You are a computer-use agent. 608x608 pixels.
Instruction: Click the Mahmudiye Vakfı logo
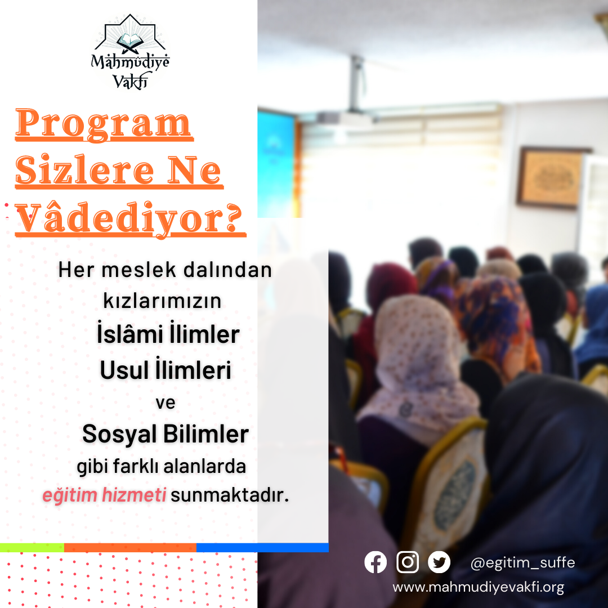130,52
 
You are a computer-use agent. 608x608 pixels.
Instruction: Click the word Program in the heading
104,123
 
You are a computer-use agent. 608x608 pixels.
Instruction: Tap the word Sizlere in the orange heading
85,170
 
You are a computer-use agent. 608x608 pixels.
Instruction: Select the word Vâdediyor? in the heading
130,218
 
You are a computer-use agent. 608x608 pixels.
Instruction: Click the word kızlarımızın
162,301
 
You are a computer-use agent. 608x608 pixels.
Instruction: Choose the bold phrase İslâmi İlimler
168,333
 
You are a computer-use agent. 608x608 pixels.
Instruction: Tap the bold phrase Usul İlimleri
166,369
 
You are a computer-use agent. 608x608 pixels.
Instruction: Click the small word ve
166,403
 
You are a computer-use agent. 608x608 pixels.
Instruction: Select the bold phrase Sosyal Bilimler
166,433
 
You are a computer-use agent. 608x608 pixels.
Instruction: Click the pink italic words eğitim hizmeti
104,495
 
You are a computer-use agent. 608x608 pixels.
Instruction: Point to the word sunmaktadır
230,495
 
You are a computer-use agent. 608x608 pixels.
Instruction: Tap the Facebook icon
375,562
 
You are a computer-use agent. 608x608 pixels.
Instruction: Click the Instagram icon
408,562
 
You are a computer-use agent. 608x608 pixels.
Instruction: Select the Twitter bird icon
439,562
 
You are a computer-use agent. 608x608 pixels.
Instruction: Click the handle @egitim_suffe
522,562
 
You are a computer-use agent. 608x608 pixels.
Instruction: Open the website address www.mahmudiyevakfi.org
478,587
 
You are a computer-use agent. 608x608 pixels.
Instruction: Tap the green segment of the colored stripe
32,548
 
